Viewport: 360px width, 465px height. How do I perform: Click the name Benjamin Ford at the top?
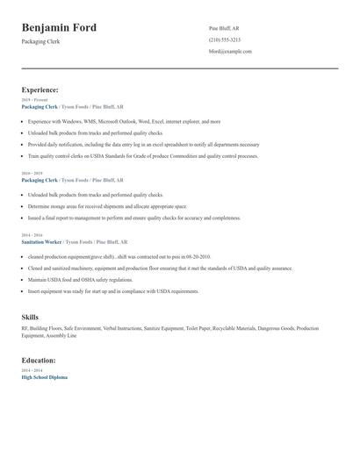point(59,29)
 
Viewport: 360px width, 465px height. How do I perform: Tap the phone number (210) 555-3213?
point(225,39)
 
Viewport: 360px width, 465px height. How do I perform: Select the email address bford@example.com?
point(230,51)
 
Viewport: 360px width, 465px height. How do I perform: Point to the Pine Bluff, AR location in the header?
point(224,28)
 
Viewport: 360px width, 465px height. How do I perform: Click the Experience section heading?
point(40,89)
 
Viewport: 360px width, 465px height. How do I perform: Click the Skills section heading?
point(30,316)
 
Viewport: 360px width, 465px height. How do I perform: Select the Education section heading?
point(39,360)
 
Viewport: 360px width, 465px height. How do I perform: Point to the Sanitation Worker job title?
point(41,240)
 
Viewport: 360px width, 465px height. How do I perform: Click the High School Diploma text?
point(44,376)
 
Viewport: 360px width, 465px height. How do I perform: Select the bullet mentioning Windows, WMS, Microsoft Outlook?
point(124,121)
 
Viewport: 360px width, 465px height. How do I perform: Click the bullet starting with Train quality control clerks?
point(142,155)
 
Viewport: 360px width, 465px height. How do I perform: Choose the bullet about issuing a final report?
point(133,217)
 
